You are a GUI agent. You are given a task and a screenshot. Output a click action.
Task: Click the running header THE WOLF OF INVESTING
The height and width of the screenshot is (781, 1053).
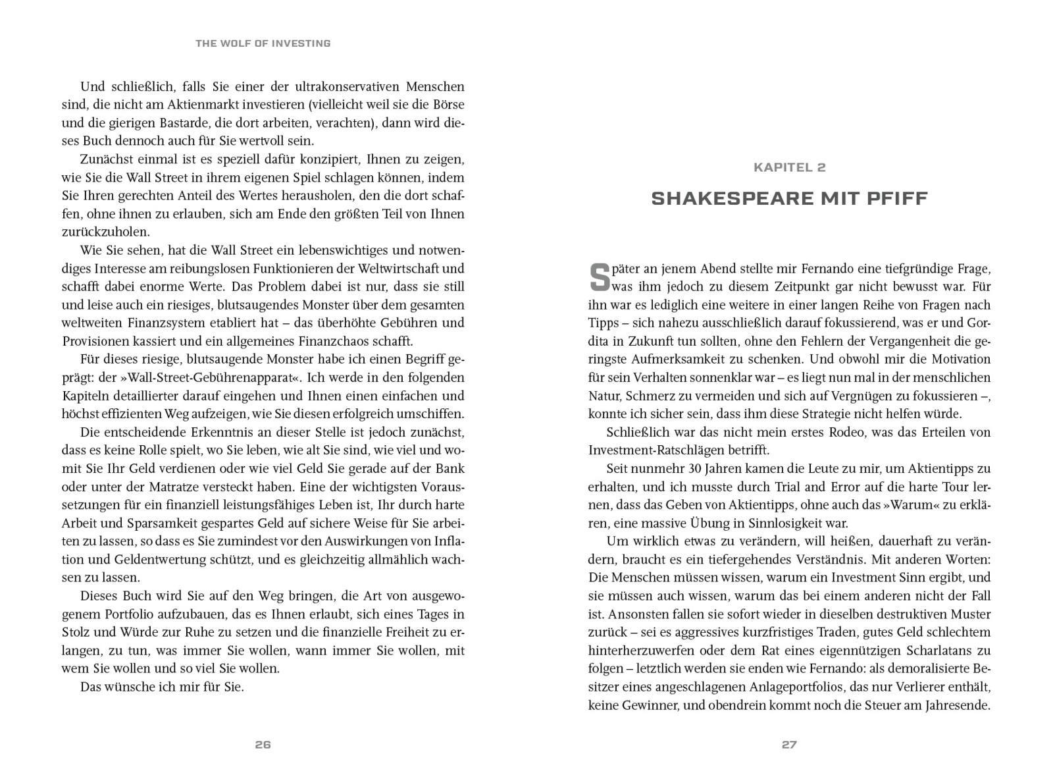tap(263, 43)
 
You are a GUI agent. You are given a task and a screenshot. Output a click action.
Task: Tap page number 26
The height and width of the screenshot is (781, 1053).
tap(263, 745)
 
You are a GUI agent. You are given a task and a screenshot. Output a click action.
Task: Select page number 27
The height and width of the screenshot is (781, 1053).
tap(789, 745)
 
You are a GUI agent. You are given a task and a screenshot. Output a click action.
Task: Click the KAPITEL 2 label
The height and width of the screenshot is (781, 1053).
tap(789, 167)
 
